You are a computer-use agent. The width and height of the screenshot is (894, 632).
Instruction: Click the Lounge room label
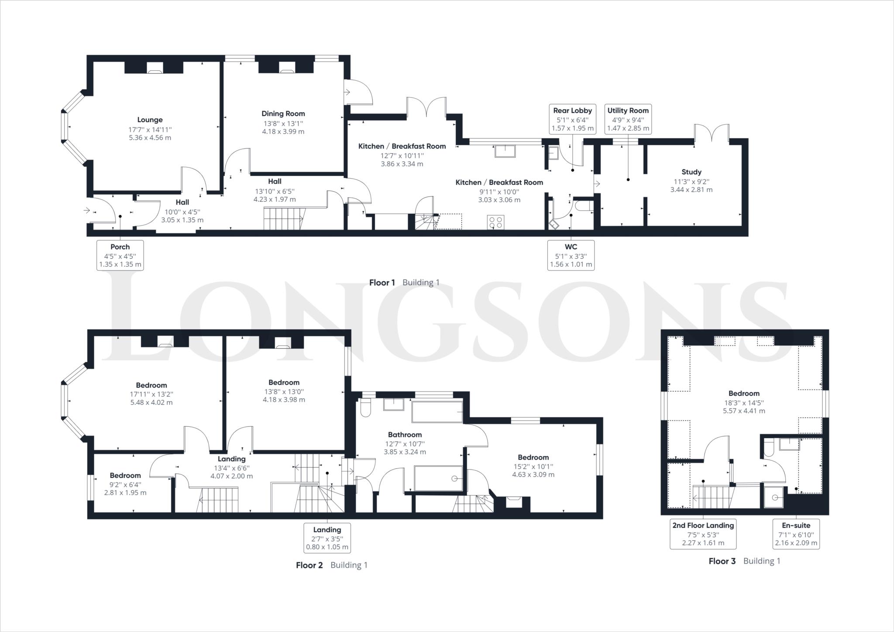click(x=150, y=120)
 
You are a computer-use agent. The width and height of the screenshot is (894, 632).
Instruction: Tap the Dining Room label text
click(x=283, y=114)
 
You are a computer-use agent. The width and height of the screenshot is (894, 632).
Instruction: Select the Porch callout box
click(x=120, y=255)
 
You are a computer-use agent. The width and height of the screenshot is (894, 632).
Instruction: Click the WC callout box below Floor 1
click(x=571, y=255)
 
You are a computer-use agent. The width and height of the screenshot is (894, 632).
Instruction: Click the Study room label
click(x=691, y=172)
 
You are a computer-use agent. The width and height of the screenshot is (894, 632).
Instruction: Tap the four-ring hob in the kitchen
click(x=495, y=222)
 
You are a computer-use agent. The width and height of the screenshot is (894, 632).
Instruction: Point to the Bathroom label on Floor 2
click(x=405, y=435)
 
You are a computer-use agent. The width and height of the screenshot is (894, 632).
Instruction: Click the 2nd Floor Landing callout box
click(x=703, y=533)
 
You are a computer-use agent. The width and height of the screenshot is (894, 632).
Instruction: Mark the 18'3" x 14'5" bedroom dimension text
click(x=743, y=403)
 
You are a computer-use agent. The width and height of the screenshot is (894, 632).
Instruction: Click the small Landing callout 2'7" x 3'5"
click(x=327, y=538)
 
